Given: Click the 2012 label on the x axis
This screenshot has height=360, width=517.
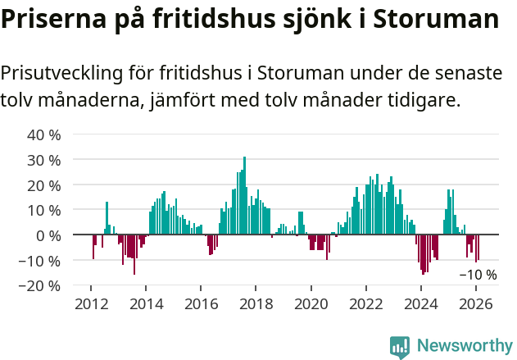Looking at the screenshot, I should [x=91, y=303].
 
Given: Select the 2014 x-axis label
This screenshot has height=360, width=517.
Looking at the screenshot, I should [x=146, y=303].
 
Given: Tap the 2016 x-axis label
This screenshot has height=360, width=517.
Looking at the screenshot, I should [x=201, y=303].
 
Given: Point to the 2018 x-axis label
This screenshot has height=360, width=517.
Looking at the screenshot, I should [x=256, y=303].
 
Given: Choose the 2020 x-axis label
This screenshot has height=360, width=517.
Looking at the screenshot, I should [x=311, y=303].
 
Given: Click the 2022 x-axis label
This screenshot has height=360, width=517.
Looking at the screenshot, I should [x=365, y=303].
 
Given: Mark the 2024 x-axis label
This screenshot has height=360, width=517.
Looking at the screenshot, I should [x=420, y=303].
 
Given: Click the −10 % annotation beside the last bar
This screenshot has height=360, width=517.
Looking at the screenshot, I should [x=478, y=275].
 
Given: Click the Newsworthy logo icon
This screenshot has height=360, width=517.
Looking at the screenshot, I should [x=400, y=347].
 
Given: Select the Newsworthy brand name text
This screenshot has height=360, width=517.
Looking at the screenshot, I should [x=464, y=347].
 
